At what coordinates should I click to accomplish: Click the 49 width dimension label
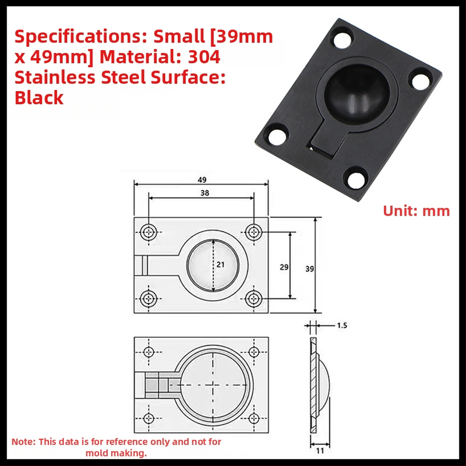pyautogui.click(x=202, y=180)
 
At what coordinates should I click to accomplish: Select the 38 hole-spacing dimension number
pyautogui.click(x=205, y=193)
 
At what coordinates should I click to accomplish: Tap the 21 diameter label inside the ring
pyautogui.click(x=221, y=264)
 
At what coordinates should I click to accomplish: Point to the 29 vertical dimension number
pyautogui.click(x=284, y=267)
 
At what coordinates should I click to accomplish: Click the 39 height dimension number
pyautogui.click(x=310, y=269)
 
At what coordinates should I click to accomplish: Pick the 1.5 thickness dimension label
pyautogui.click(x=342, y=326)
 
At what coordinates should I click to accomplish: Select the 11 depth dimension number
pyautogui.click(x=320, y=451)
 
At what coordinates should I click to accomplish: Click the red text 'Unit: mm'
pyautogui.click(x=416, y=211)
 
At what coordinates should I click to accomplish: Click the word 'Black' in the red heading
pyautogui.click(x=39, y=98)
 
